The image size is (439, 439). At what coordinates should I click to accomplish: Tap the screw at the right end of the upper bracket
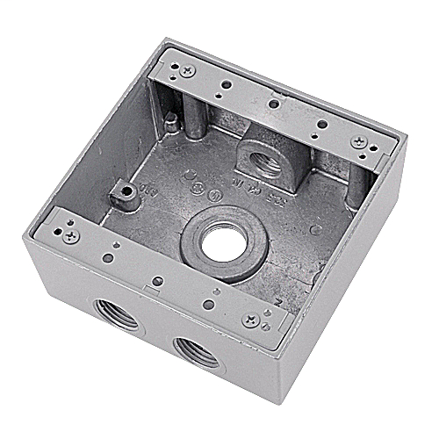pos(359,142)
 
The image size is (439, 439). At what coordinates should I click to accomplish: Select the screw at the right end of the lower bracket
pos(253,320)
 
